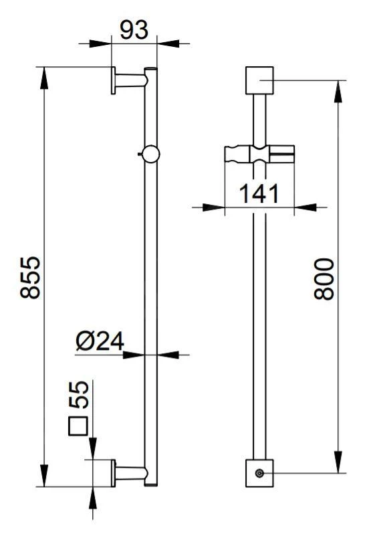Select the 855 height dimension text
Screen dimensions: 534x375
pyautogui.click(x=31, y=278)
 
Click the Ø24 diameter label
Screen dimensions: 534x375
pyautogui.click(x=100, y=341)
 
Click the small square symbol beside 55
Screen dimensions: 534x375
pyautogui.click(x=80, y=426)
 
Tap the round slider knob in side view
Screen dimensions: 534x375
pyautogui.click(x=151, y=154)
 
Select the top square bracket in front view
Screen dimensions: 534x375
pyautogui.click(x=260, y=80)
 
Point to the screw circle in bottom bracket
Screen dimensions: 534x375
pyautogui.click(x=260, y=474)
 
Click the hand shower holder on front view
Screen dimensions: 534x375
pyautogui.click(x=259, y=155)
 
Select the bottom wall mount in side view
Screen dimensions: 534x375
pyautogui.click(x=128, y=472)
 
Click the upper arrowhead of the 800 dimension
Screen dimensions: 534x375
pyautogui.click(x=340, y=89)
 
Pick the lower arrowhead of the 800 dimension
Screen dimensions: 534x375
pyautogui.click(x=340, y=466)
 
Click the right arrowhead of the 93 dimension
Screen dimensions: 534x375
pyautogui.click(x=168, y=44)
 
